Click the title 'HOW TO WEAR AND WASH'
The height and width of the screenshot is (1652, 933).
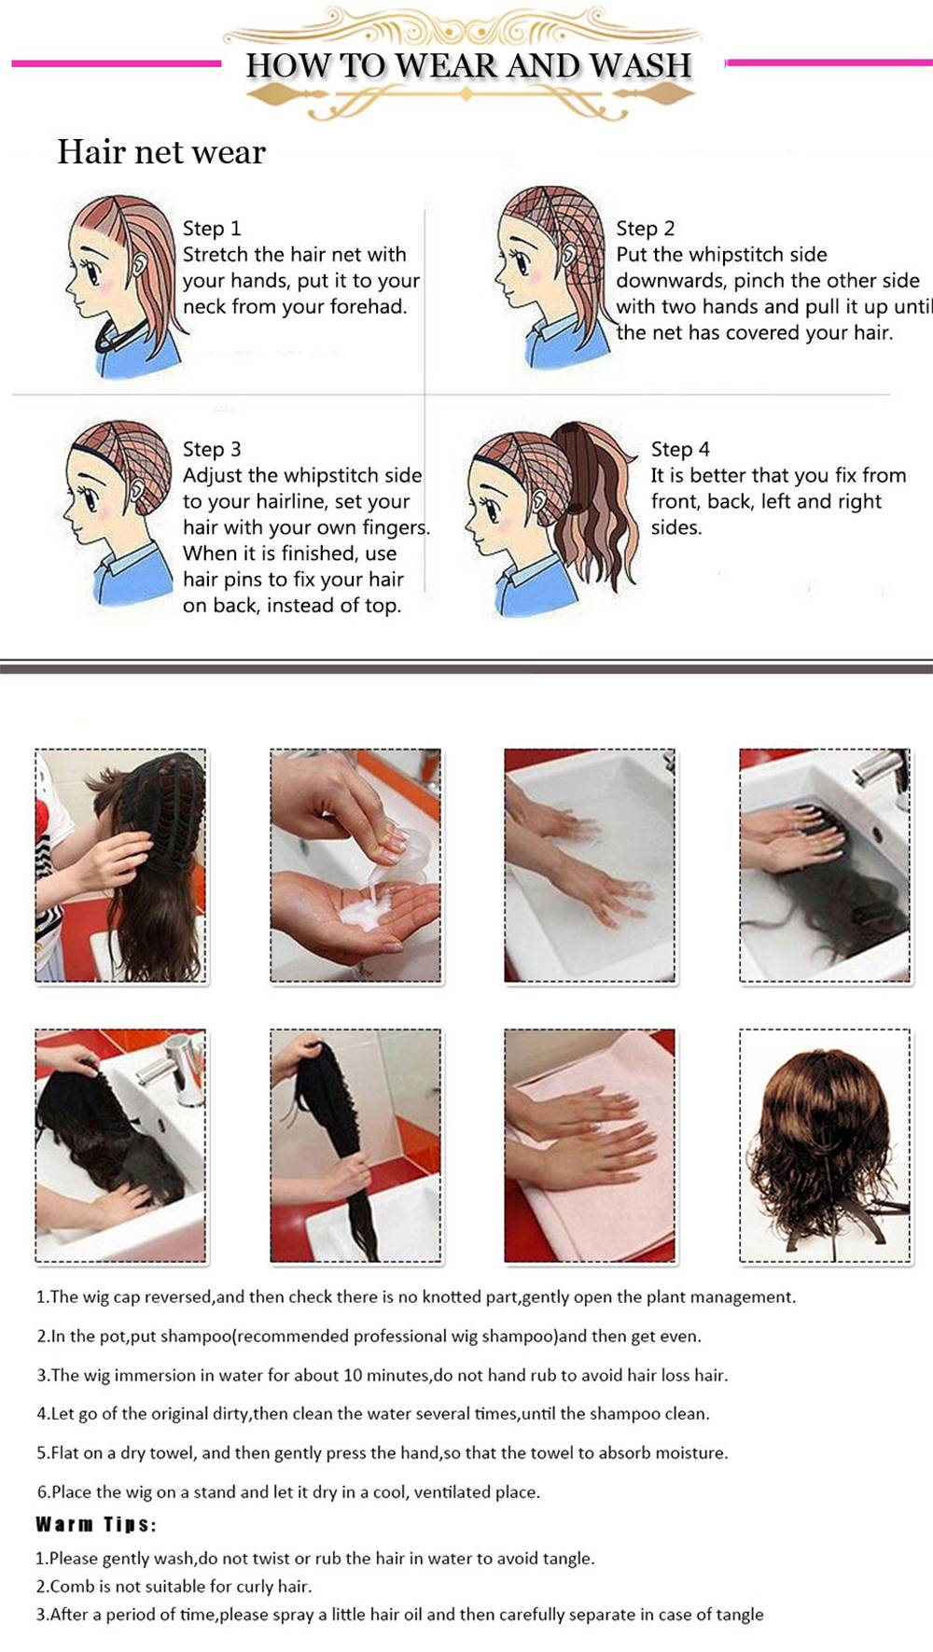click(x=468, y=65)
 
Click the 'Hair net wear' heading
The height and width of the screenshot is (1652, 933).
click(x=161, y=151)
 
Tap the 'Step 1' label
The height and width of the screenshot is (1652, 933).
click(x=212, y=229)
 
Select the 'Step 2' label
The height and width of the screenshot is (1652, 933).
click(x=645, y=229)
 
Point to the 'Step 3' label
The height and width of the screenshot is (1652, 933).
click(x=212, y=449)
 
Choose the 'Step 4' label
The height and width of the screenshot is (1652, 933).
click(x=680, y=449)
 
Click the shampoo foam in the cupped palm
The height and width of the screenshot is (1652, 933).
click(x=364, y=910)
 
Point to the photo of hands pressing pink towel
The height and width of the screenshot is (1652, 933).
click(x=590, y=1146)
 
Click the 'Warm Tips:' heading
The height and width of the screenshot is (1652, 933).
click(x=95, y=1524)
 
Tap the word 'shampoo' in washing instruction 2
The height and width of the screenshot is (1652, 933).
click(x=197, y=1337)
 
